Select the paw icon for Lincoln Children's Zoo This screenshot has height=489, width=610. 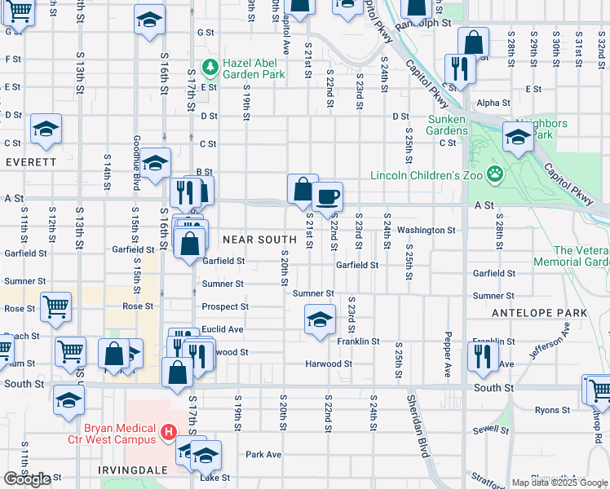click(x=494, y=174)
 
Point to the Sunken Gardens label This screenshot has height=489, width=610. click(x=447, y=126)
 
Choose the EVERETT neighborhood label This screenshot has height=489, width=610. click(x=31, y=162)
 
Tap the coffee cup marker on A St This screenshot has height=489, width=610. click(x=328, y=196)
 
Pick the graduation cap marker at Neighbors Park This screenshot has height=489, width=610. click(x=518, y=136)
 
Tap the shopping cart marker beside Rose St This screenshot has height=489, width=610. click(x=55, y=306)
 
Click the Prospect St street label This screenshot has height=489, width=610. click(x=225, y=307)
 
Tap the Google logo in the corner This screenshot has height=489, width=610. click(x=27, y=479)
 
